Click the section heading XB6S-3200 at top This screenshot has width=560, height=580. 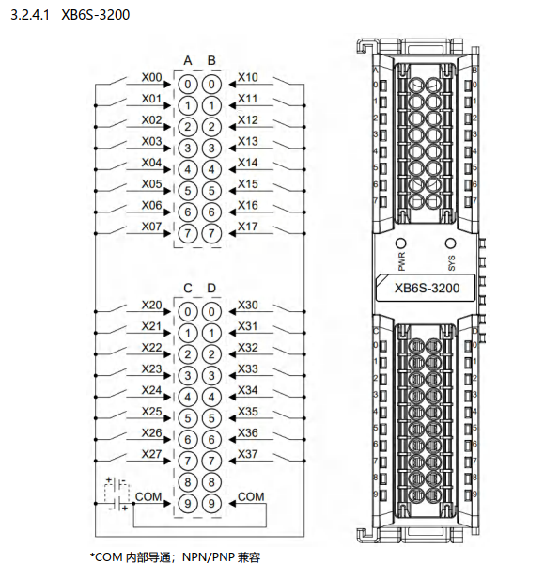click(95, 15)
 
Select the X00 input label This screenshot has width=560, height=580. click(151, 77)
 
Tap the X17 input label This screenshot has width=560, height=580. click(248, 227)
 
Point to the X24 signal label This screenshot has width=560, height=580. click(151, 390)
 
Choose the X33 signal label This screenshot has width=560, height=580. click(248, 368)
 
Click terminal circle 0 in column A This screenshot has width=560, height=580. click(187, 85)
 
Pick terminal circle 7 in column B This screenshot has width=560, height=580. click(211, 233)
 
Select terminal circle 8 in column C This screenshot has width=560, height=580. click(187, 482)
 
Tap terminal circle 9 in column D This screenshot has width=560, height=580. click(211, 504)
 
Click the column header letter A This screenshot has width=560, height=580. click(188, 60)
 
